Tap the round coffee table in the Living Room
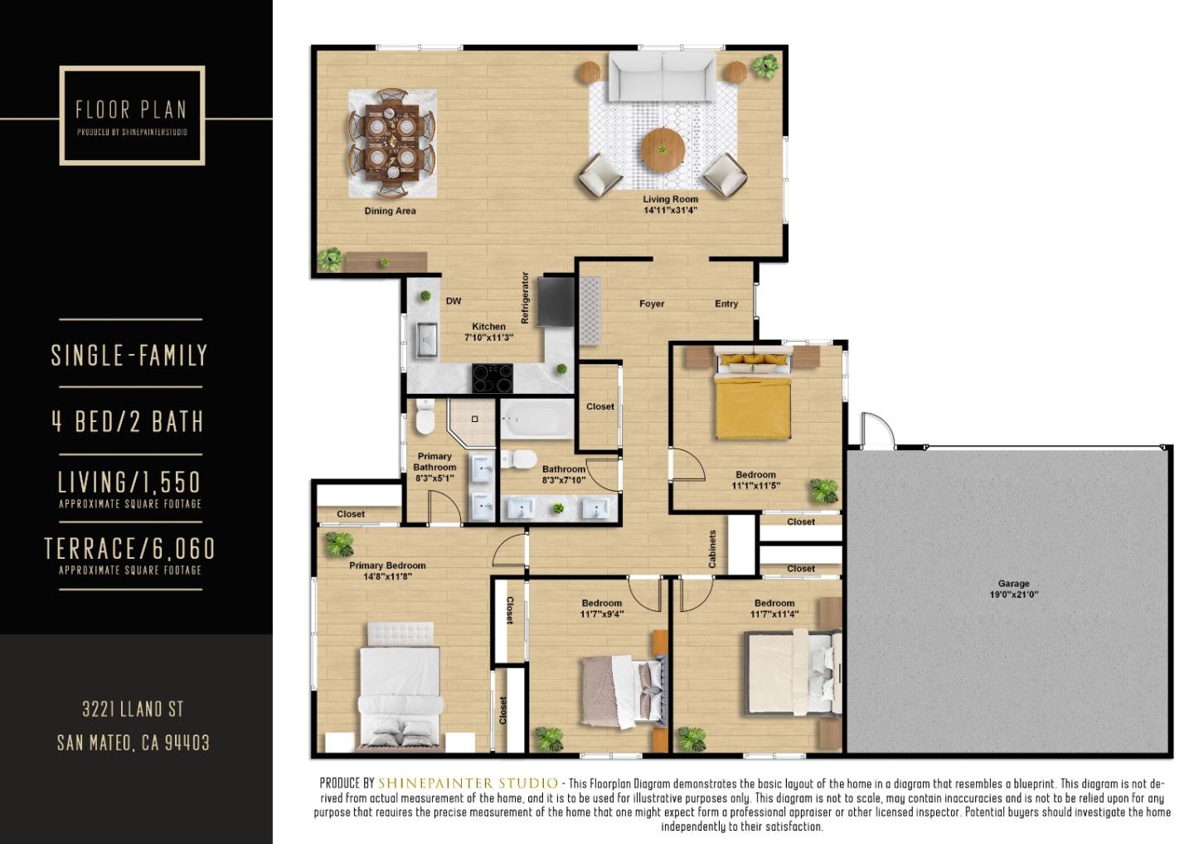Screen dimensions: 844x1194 pyautogui.click(x=663, y=150)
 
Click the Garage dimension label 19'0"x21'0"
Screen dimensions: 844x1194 pyautogui.click(x=1013, y=594)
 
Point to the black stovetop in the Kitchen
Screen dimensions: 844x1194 pyautogui.click(x=493, y=378)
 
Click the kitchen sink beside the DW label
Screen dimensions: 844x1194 pyautogui.click(x=427, y=339)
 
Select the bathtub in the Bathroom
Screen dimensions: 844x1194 pyautogui.click(x=537, y=420)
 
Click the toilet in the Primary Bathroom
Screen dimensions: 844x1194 pyautogui.click(x=425, y=417)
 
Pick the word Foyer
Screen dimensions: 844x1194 pyautogui.click(x=652, y=304)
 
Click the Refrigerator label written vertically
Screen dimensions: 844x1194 pyautogui.click(x=524, y=297)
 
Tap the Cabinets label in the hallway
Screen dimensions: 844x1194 pyautogui.click(x=712, y=549)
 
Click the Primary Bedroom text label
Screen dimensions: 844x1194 pyautogui.click(x=387, y=565)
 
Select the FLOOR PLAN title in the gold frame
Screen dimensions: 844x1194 pyautogui.click(x=131, y=109)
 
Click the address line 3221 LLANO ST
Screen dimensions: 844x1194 pyautogui.click(x=133, y=710)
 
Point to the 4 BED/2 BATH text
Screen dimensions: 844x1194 pyautogui.click(x=128, y=421)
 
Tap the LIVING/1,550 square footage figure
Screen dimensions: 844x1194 pyautogui.click(x=129, y=482)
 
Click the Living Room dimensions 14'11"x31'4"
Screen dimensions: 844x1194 pyautogui.click(x=670, y=211)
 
